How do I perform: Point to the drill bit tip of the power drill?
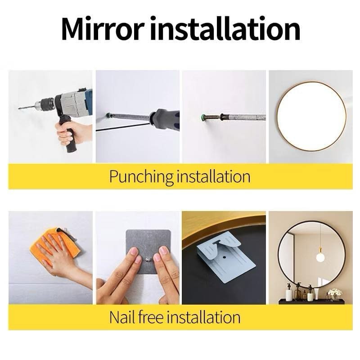point(19,108)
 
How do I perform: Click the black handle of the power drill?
point(68,134)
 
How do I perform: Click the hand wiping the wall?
point(60,257)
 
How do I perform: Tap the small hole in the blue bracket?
point(224,257)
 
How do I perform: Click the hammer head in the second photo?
point(164,117)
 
